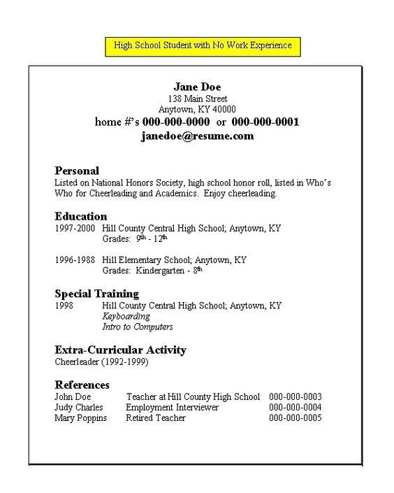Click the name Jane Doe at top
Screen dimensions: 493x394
[x=197, y=87]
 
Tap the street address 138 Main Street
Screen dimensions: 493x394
[x=197, y=99]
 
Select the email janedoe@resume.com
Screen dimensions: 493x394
[x=197, y=136]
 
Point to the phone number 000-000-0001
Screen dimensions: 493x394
[x=265, y=122]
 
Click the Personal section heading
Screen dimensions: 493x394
[x=77, y=171]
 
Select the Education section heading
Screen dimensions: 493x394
[x=80, y=216]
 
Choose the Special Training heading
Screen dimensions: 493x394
[x=96, y=294]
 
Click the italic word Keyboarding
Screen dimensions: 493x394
[x=126, y=316]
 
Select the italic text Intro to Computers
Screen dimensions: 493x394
[x=138, y=327]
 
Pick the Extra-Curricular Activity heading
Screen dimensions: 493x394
[x=120, y=350]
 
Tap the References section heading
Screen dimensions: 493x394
[x=82, y=385]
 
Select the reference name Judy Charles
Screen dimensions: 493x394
[x=79, y=407]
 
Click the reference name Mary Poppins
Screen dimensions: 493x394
[x=81, y=417]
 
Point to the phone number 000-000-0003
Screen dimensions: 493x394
[x=295, y=396]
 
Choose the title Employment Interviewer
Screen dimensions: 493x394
[x=173, y=407]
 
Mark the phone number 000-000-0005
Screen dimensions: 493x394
[x=295, y=417]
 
